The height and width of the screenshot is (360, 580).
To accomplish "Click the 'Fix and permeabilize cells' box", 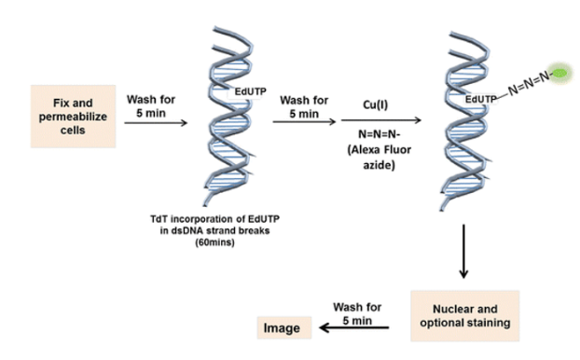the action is click(73, 117).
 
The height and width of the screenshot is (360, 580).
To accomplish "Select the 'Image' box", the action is click(284, 327).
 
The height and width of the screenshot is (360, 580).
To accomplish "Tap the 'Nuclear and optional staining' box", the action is click(465, 315).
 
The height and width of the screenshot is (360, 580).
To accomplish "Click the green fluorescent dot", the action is click(559, 74).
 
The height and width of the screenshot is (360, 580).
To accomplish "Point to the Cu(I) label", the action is click(376, 104).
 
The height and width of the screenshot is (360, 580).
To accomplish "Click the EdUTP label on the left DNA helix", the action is click(251, 91).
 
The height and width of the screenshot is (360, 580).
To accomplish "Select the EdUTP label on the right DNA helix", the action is click(481, 99).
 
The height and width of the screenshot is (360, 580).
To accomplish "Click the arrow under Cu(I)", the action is click(381, 120).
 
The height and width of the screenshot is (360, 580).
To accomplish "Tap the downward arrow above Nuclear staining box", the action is click(463, 251).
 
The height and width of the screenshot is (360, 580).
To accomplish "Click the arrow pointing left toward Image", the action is click(354, 327).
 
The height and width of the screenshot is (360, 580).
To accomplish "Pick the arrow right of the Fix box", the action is click(156, 122).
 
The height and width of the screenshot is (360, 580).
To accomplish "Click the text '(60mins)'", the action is click(214, 242).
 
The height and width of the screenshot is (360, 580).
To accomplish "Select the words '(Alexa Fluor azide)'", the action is click(380, 158).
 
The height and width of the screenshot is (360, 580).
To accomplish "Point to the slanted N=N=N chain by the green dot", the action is click(530, 83).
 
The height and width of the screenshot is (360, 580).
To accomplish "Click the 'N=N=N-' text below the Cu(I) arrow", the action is click(380, 133).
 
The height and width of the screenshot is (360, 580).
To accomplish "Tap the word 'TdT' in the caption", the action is click(159, 219).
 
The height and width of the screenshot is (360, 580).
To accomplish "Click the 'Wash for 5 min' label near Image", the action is click(357, 313).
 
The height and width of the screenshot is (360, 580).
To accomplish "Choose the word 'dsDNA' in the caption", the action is click(184, 230).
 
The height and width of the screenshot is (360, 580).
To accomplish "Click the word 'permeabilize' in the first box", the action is click(73, 117).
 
